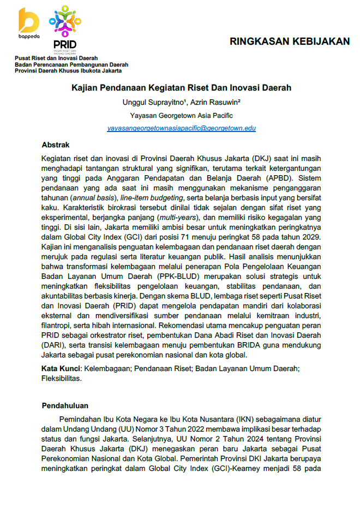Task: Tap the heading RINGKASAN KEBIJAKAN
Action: click(x=289, y=41)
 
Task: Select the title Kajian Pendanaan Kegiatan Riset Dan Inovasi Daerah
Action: click(x=182, y=87)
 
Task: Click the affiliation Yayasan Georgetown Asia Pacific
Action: click(x=182, y=115)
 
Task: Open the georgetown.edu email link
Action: click(x=182, y=128)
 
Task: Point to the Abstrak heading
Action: click(x=56, y=145)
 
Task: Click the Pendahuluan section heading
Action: click(x=65, y=405)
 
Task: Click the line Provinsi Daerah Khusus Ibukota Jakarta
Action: click(x=68, y=71)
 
